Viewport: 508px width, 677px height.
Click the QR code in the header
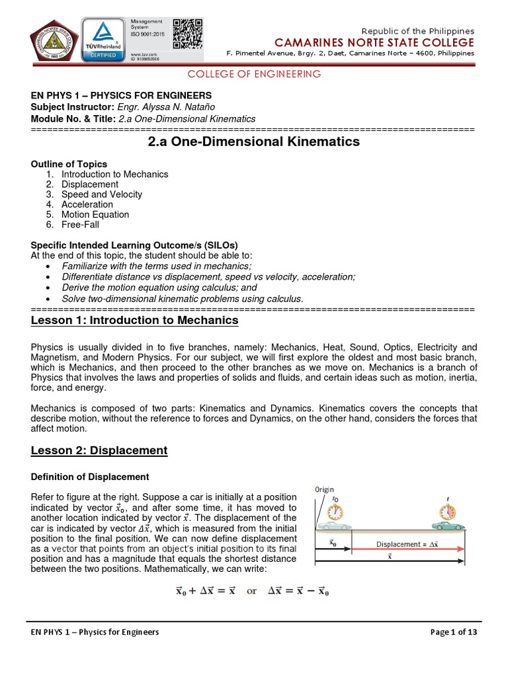tap(187, 32)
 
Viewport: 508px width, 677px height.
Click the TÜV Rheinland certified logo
tap(103, 38)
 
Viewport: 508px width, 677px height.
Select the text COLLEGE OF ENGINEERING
tap(254, 74)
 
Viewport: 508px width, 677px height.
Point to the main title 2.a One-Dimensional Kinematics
tap(253, 141)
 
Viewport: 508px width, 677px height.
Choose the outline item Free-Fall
tap(80, 224)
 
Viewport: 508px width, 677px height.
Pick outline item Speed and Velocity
tap(102, 194)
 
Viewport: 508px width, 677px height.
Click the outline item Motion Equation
tap(95, 214)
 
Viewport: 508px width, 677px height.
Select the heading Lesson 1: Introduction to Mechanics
tap(135, 321)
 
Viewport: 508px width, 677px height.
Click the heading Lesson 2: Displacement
tap(99, 450)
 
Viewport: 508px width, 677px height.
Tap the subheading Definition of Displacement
tap(90, 477)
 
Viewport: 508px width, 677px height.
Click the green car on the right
tap(448, 525)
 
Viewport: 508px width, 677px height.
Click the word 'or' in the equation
tap(252, 591)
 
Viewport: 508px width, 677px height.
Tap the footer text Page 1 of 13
tap(454, 632)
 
